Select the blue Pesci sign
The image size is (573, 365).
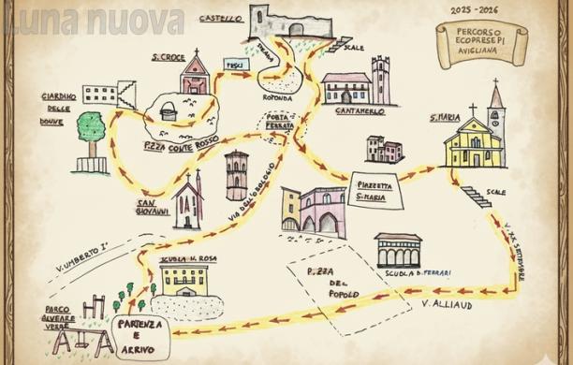click(233, 65)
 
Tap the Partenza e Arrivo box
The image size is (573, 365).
click(140, 338)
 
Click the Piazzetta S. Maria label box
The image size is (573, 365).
click(374, 191)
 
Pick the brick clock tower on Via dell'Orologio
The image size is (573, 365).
click(237, 176)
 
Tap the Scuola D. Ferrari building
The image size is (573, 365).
click(399, 252)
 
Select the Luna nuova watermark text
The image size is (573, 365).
click(94, 19)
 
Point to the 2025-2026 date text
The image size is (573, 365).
click(473, 10)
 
